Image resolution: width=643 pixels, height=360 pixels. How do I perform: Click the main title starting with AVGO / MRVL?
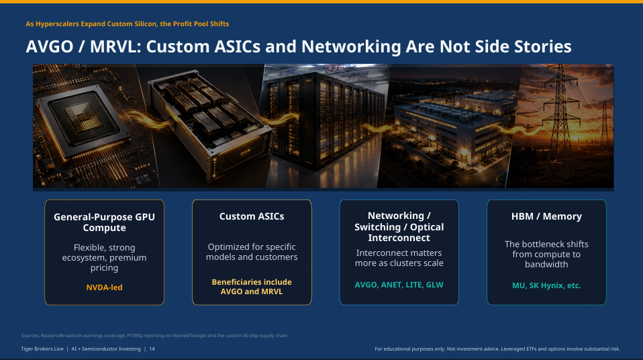(299, 47)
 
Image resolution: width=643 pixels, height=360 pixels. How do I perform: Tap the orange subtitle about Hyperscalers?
(127, 24)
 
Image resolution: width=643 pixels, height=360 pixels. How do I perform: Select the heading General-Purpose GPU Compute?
(104, 222)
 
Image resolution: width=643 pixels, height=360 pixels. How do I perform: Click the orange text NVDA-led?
(104, 287)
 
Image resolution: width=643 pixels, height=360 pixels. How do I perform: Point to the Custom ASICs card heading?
(252, 216)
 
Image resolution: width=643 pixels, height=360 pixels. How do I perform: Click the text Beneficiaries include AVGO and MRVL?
(252, 287)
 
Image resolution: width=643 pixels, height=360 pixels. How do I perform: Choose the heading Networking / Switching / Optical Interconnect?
(399, 226)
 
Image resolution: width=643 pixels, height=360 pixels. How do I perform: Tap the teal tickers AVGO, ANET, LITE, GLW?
(399, 285)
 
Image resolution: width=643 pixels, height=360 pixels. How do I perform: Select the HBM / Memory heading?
(546, 216)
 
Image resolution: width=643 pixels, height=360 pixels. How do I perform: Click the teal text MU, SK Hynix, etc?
(546, 285)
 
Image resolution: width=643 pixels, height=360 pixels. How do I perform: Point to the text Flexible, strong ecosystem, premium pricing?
(104, 257)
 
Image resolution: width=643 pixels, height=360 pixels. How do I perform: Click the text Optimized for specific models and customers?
(252, 252)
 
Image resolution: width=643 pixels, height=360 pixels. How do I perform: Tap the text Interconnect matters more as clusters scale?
(399, 258)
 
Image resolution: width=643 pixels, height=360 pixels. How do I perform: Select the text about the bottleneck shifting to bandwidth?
(546, 254)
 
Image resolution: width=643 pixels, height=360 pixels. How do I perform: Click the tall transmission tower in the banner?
(560, 119)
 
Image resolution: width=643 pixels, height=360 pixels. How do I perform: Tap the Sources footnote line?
(154, 335)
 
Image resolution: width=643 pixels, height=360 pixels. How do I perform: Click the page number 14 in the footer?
(152, 349)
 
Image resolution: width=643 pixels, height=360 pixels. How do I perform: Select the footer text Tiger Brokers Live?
(42, 349)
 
